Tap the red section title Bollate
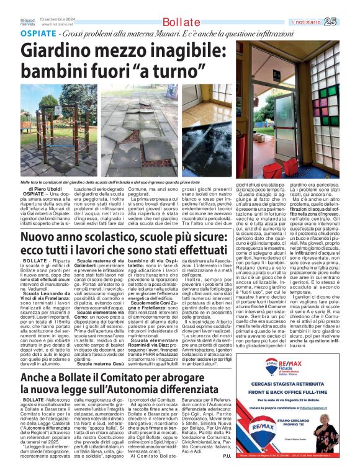click(177, 23)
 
